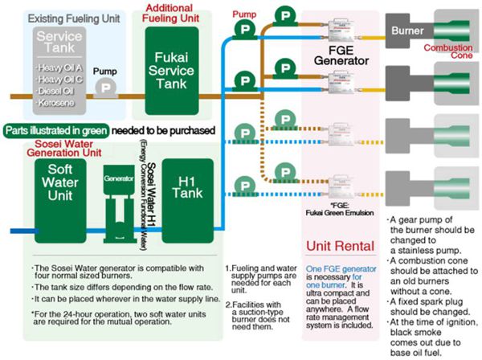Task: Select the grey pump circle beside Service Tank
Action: pos(104,90)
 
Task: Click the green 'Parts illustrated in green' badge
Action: pos(56,130)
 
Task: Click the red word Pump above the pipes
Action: pos(244,14)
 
